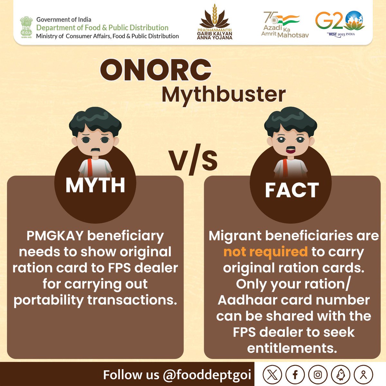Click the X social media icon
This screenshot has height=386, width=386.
(272, 374)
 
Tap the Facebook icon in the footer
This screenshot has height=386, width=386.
(295, 374)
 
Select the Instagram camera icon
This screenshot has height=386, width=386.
(318, 374)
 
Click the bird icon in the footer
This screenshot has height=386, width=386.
(340, 374)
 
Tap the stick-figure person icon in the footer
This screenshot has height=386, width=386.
(363, 374)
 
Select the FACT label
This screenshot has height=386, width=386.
(291, 190)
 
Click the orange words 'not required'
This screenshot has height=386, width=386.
(265, 252)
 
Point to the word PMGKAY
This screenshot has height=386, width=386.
(55, 236)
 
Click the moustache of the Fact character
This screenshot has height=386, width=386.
(290, 149)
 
